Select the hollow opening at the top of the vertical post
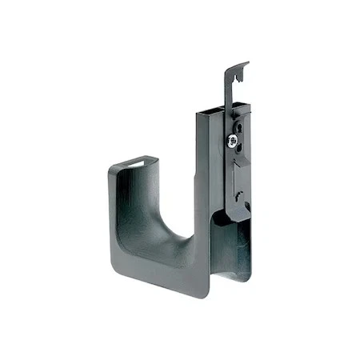tap(210, 110)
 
